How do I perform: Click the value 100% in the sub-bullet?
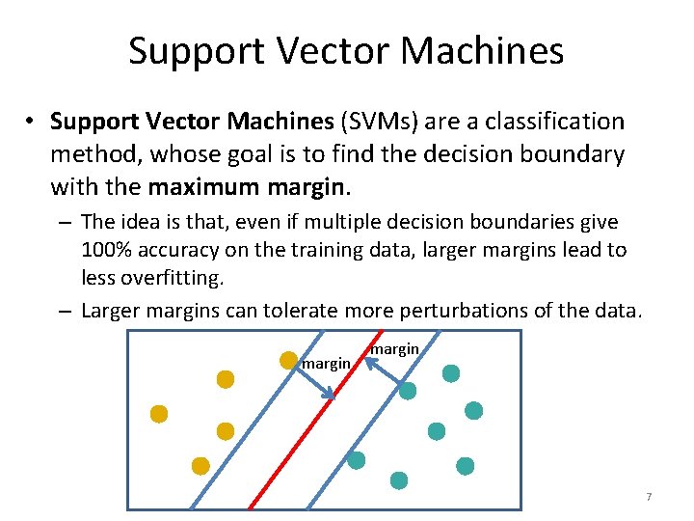(x=107, y=250)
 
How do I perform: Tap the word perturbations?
(x=482, y=310)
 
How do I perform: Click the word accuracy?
(x=176, y=250)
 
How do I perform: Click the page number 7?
(x=649, y=497)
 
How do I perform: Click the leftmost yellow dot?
(x=159, y=414)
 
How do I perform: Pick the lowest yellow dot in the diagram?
(x=200, y=466)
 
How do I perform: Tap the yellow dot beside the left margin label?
(x=288, y=360)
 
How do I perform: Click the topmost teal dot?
(x=451, y=372)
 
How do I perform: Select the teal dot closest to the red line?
(x=357, y=460)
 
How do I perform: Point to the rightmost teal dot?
(x=474, y=410)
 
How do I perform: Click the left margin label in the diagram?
(x=326, y=364)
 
